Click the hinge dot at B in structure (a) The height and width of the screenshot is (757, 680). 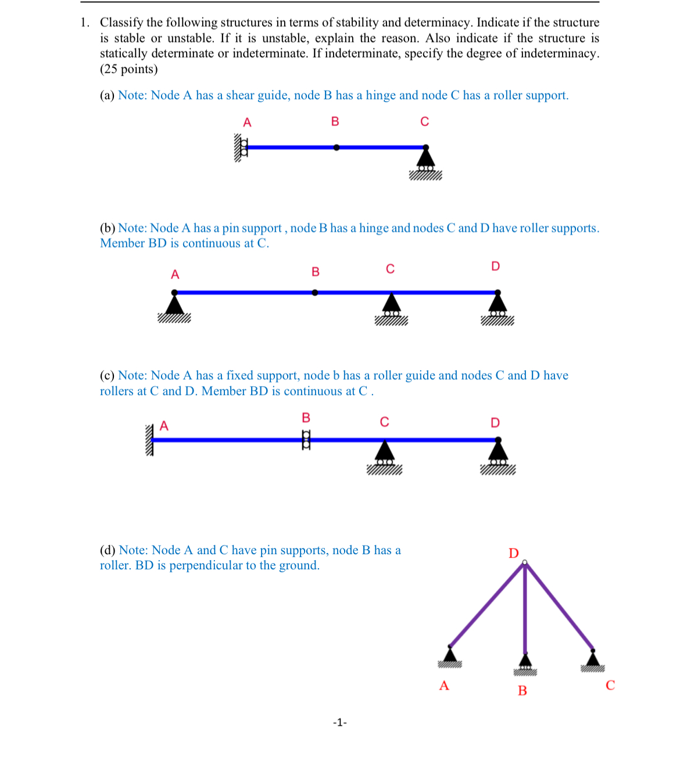336,148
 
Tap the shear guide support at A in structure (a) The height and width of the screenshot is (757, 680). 241,148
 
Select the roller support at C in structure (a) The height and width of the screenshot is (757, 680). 425,162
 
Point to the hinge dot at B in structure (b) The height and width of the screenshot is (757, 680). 315,292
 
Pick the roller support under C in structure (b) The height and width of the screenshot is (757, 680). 391,307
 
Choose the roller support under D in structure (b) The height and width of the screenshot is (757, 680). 497,307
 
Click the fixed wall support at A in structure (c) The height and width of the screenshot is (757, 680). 149,440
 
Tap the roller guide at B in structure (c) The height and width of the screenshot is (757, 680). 306,440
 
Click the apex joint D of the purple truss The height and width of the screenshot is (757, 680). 525,562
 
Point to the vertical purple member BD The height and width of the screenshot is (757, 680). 525,610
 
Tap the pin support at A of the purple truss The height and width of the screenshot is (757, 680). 449,656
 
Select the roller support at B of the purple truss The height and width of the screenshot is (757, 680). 525,664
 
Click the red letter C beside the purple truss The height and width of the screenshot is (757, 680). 610,686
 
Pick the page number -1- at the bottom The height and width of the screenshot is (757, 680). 340,723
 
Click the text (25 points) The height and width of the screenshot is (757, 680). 129,69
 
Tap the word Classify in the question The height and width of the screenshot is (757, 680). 121,23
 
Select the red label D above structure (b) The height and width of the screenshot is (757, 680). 495,266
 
